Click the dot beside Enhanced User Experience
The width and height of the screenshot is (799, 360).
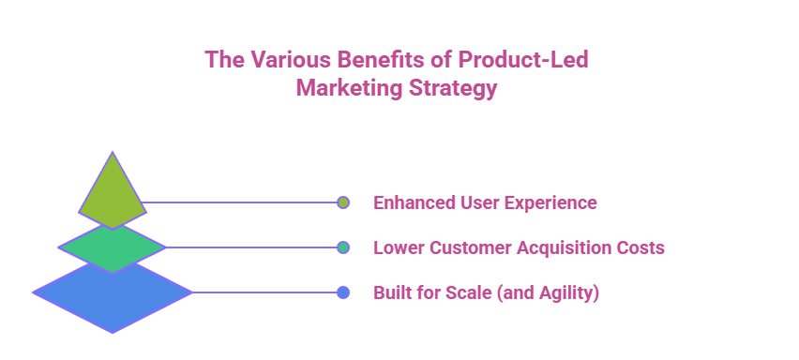(343, 202)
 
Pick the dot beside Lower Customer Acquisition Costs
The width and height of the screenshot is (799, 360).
(343, 247)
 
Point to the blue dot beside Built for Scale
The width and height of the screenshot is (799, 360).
(343, 292)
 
